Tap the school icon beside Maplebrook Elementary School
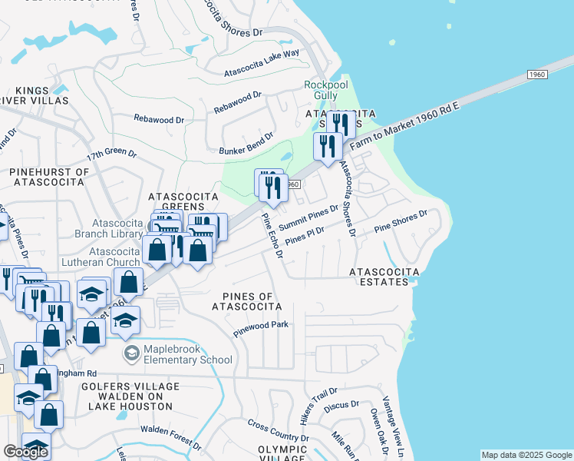[131, 353]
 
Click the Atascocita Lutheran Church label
[115, 257]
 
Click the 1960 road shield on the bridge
[536, 74]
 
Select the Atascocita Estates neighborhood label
[384, 277]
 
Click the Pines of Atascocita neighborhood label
[247, 301]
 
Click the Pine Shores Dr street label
[400, 222]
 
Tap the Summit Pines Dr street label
[308, 217]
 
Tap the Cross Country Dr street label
[278, 431]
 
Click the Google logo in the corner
[25, 452]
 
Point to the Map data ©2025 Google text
[526, 455]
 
